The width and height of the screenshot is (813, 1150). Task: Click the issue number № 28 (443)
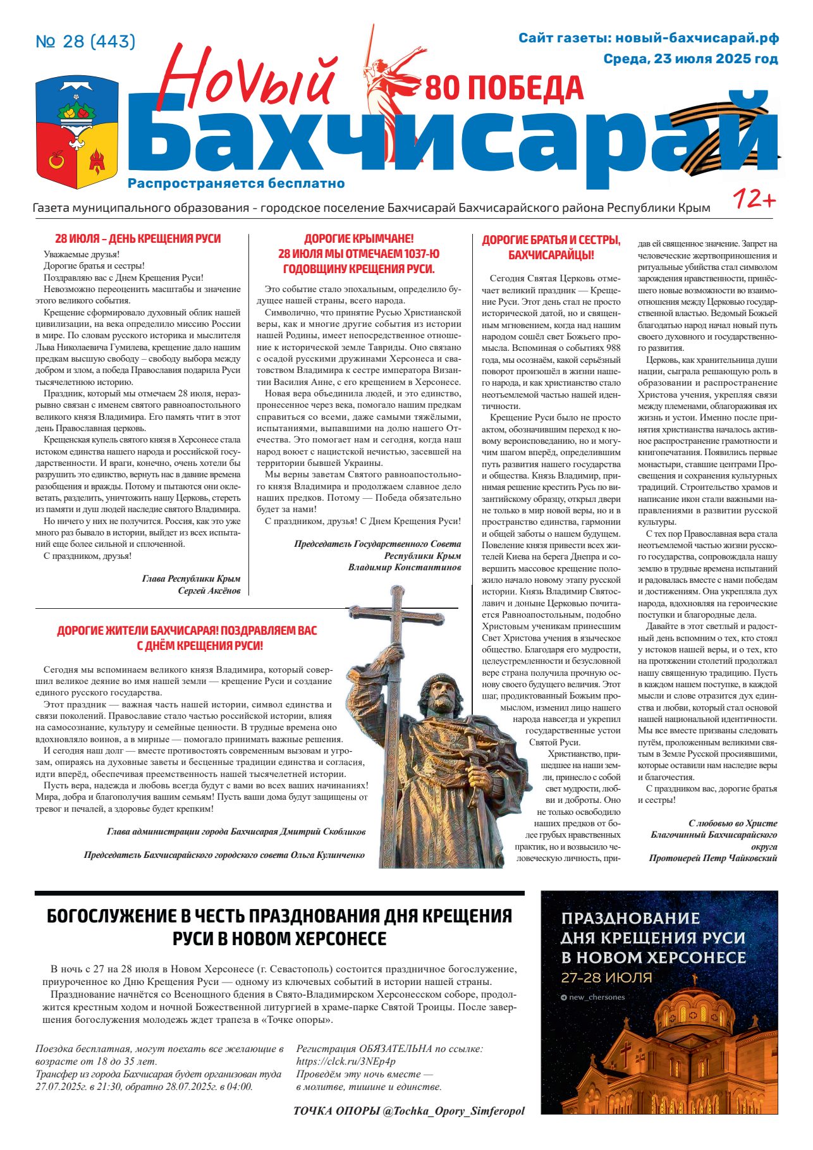(x=85, y=42)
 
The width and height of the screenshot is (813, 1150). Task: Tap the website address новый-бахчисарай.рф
(x=697, y=38)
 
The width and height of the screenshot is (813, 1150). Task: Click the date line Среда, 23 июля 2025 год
(x=690, y=59)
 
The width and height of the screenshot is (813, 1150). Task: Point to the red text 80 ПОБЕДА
(x=504, y=89)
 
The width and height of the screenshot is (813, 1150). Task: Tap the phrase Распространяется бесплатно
(x=236, y=183)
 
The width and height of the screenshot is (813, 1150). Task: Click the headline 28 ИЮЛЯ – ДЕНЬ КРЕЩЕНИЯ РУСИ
(x=138, y=238)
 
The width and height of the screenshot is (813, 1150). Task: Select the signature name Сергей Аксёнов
(x=209, y=590)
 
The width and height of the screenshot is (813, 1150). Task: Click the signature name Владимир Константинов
(x=405, y=567)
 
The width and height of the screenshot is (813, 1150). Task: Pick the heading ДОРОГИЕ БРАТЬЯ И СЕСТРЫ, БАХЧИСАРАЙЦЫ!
(x=551, y=247)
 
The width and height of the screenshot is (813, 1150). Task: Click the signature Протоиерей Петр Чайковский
(x=712, y=858)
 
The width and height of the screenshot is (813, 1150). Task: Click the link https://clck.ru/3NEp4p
(x=346, y=1061)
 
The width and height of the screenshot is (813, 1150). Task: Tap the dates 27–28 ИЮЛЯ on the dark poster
(x=606, y=977)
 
